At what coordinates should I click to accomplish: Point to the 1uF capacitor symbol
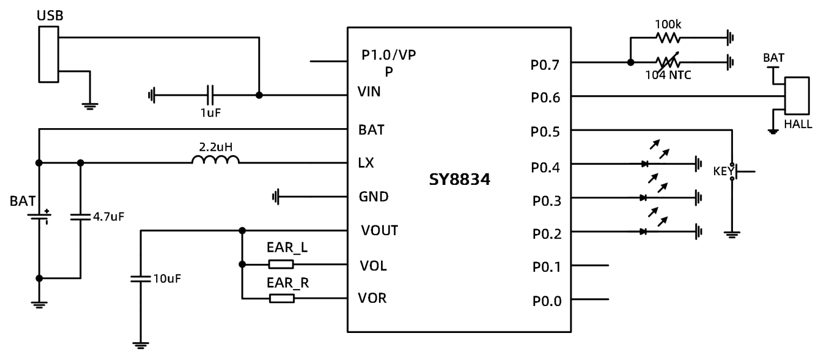211,96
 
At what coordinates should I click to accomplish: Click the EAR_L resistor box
281,264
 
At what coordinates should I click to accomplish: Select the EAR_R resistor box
281,298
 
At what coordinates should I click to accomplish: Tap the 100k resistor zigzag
668,38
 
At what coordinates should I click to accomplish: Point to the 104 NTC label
668,75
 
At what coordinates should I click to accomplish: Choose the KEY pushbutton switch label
723,172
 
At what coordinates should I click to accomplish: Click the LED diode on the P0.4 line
643,163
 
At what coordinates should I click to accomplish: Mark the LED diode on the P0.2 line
643,231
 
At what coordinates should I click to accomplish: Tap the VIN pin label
369,92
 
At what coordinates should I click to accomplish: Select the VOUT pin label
379,231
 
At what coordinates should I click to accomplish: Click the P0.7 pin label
545,65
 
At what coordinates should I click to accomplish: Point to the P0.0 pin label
545,301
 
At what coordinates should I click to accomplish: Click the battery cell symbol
39,216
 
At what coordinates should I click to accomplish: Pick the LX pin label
365,163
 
